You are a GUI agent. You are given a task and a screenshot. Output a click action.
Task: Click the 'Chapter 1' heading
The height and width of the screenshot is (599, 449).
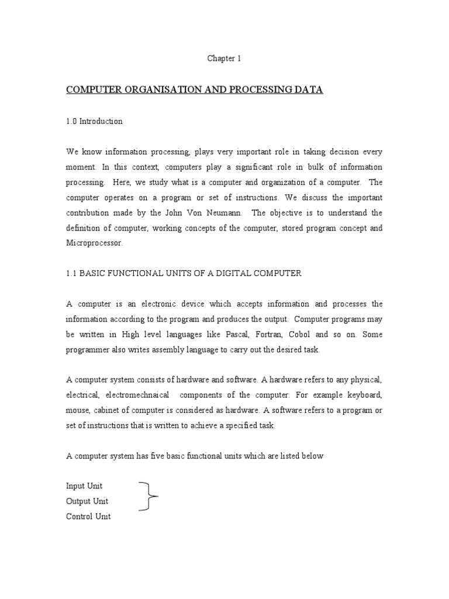click(x=224, y=58)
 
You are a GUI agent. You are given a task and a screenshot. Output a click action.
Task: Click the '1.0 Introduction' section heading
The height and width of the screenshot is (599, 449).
click(x=94, y=122)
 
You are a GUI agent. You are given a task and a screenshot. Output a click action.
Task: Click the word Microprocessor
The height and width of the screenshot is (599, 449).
click(x=95, y=243)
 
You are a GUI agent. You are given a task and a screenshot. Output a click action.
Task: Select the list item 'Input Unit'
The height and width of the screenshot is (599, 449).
click(x=85, y=486)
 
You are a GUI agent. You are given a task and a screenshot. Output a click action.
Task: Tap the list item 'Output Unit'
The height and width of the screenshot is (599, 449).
click(x=87, y=501)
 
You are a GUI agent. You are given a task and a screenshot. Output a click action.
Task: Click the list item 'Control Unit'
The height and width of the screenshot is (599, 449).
click(x=88, y=517)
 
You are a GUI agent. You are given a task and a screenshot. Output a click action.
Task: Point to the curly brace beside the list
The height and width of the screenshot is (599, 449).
click(x=150, y=497)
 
